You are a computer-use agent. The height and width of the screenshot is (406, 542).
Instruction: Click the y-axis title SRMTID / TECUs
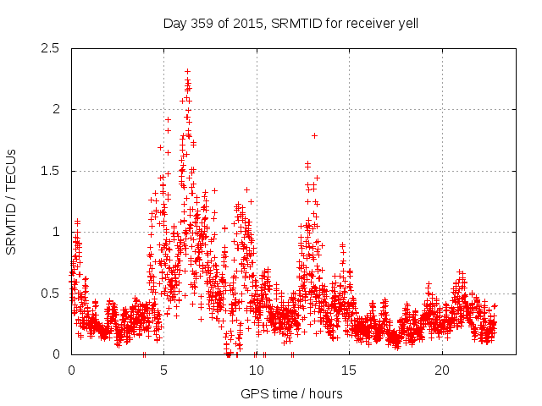[12, 201]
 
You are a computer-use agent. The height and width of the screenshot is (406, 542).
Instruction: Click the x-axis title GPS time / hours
[291, 393]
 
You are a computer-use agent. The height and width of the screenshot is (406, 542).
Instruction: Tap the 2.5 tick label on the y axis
[50, 48]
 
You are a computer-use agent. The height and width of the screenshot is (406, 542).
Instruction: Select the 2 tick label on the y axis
[56, 109]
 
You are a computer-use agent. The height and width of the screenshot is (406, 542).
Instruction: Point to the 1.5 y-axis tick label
[50, 171]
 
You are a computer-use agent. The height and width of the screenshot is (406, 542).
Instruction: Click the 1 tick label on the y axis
[56, 232]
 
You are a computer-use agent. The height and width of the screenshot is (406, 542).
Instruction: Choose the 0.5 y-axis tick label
[50, 293]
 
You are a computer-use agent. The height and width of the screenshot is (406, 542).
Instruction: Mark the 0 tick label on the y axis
[56, 354]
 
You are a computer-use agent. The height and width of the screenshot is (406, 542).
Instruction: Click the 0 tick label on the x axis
[71, 370]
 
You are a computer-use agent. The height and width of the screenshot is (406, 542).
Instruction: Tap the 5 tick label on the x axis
[164, 370]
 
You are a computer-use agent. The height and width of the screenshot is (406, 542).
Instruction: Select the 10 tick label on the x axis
[257, 370]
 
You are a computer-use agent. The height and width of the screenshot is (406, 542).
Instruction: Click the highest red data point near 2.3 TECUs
[187, 72]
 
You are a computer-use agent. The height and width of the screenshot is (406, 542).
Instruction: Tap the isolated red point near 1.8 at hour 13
[314, 135]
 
